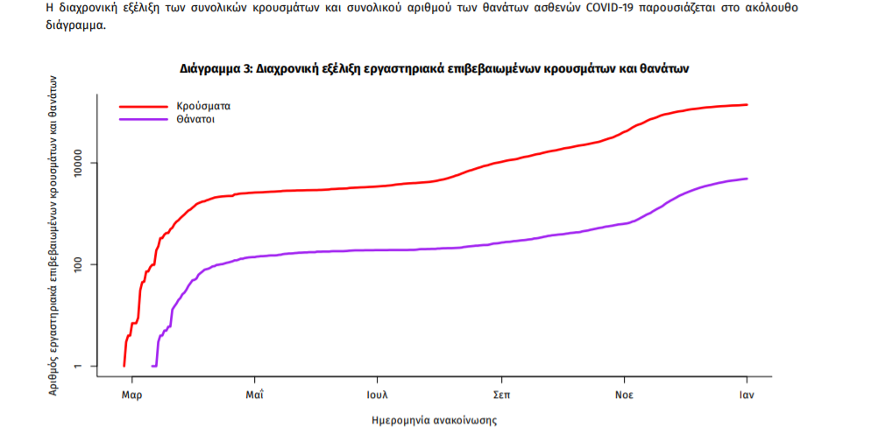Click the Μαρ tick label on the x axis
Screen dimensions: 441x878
pyautogui.click(x=132, y=395)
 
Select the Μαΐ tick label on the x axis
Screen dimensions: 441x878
pyautogui.click(x=256, y=395)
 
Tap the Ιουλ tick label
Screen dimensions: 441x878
pyautogui.click(x=378, y=395)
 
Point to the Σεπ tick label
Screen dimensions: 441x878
pyautogui.click(x=501, y=395)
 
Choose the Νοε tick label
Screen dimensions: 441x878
pyautogui.click(x=624, y=395)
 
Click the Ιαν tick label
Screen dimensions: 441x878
pyautogui.click(x=747, y=395)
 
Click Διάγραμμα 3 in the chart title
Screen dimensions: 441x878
pyautogui.click(x=215, y=67)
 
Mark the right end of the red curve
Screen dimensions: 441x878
pyautogui.click(x=747, y=105)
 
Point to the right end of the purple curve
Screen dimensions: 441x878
pyautogui.click(x=747, y=178)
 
